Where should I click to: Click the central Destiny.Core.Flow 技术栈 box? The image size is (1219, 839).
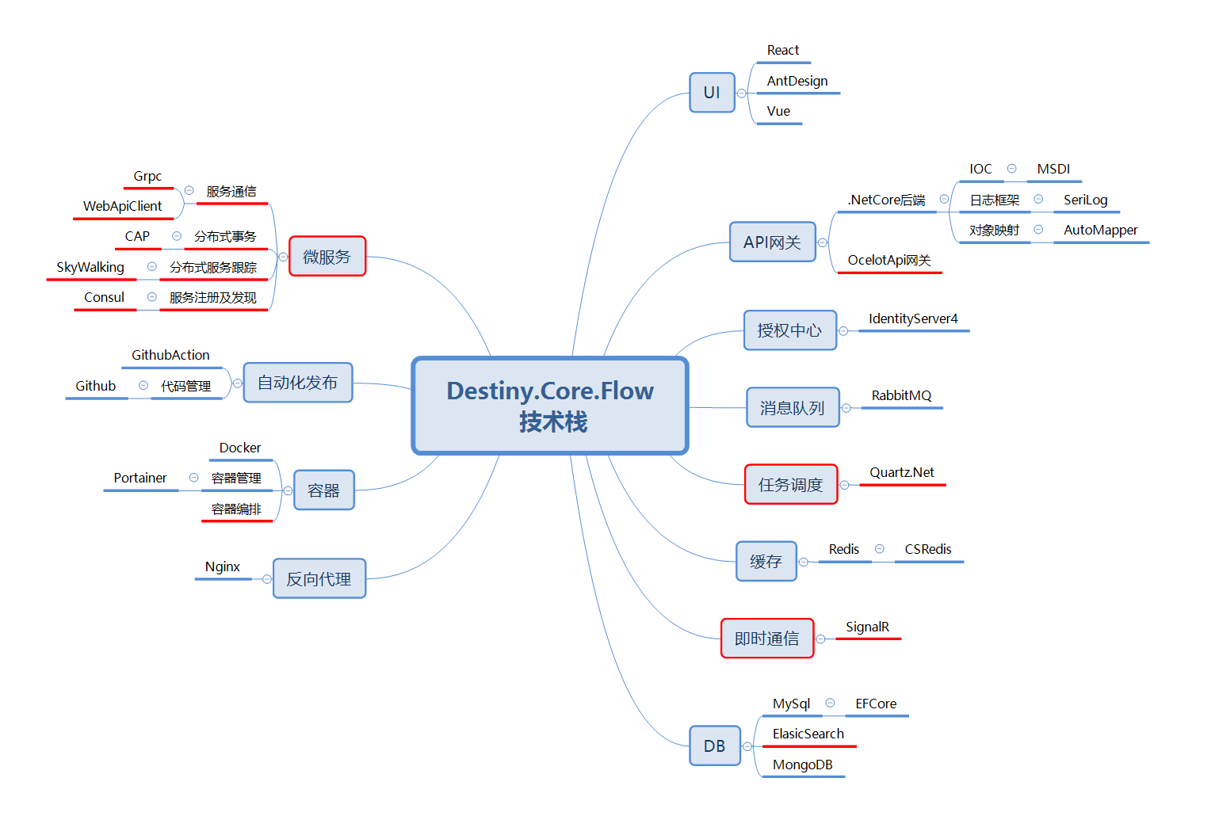550,406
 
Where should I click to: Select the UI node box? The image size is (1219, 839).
712,93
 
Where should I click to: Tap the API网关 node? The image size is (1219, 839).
772,242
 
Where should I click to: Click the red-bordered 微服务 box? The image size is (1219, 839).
327,257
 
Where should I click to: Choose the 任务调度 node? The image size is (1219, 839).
790,485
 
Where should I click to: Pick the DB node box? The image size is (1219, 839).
714,746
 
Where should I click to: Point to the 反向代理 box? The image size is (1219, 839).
319,579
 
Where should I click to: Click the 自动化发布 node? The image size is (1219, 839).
297,383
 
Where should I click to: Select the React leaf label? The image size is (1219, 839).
782,51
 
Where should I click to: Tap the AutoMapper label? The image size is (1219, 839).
1100,230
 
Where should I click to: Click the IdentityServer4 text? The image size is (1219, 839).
913,318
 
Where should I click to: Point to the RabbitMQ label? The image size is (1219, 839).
901,395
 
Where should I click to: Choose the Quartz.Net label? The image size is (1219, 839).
902,472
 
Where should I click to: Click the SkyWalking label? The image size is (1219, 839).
90,267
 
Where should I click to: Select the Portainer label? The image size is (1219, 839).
140,478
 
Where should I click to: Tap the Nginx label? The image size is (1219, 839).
222,566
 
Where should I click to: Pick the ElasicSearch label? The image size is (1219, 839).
808,734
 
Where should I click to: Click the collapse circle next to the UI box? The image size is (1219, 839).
742,93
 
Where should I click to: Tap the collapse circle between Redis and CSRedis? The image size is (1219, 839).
880,549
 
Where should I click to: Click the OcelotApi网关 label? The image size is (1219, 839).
888,260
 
